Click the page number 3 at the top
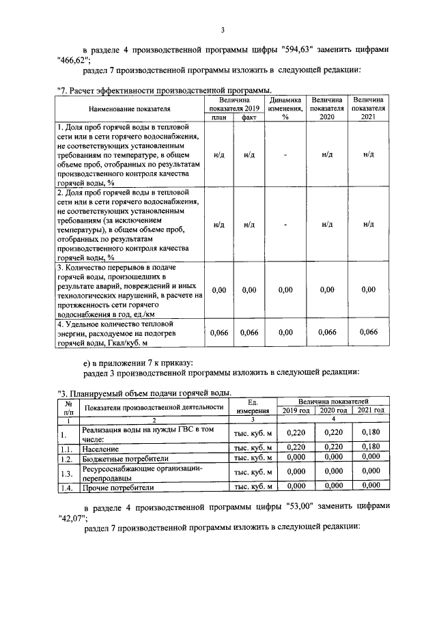(x=223, y=30)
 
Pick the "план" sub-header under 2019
(x=219, y=117)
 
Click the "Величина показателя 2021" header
(x=369, y=108)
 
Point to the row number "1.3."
(x=66, y=473)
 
